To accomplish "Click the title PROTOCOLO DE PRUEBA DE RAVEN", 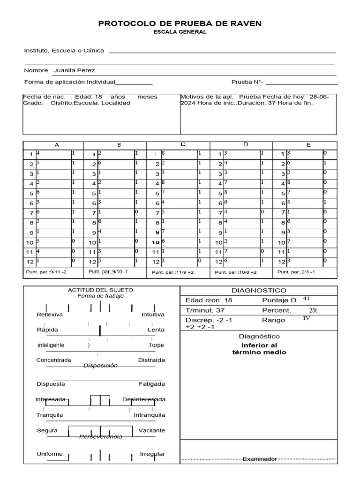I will pos(180,23).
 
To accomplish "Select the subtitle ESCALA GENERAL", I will pos(180,32).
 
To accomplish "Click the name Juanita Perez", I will pos(74,70).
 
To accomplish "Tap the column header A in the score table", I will pos(57,145).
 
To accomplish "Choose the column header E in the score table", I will pos(308,145).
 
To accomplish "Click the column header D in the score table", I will pos(245,144).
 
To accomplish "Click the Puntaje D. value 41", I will pos(307,298).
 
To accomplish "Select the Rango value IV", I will pos(307,318).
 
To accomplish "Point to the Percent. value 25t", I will pos(313,310).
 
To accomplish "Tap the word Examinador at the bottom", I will pos(259,459).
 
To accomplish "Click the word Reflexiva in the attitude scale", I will pos(50,315).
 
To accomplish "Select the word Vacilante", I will pos(151,430).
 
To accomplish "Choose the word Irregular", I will pos(152,454).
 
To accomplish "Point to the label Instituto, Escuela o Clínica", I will pos(64,51).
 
